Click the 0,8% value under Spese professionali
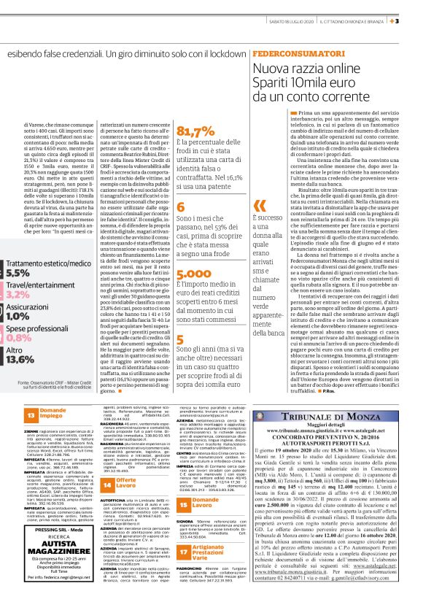pyautogui.click(x=19, y=339)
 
